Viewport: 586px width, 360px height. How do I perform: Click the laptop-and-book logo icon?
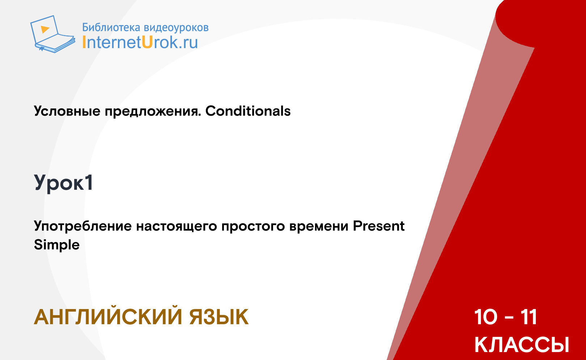(52, 34)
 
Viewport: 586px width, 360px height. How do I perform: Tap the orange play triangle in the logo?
(45, 29)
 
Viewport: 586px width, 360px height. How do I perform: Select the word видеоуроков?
(176, 28)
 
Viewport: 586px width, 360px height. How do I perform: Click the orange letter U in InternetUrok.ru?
(147, 42)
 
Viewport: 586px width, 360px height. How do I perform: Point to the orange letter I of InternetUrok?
(84, 42)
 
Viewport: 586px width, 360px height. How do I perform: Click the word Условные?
(67, 111)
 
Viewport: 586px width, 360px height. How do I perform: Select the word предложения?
(153, 112)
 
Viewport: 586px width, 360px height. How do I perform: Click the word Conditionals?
(248, 111)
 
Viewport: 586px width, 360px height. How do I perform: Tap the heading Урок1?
(64, 183)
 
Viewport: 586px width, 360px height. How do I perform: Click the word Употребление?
(83, 226)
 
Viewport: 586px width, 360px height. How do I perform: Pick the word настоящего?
(177, 226)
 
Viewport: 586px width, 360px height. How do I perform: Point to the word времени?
(319, 226)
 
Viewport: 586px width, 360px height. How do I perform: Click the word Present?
(379, 226)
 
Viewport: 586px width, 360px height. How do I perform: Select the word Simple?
(57, 245)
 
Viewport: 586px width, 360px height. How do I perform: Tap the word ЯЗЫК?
(219, 317)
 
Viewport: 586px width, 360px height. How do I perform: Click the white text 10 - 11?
(506, 317)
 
